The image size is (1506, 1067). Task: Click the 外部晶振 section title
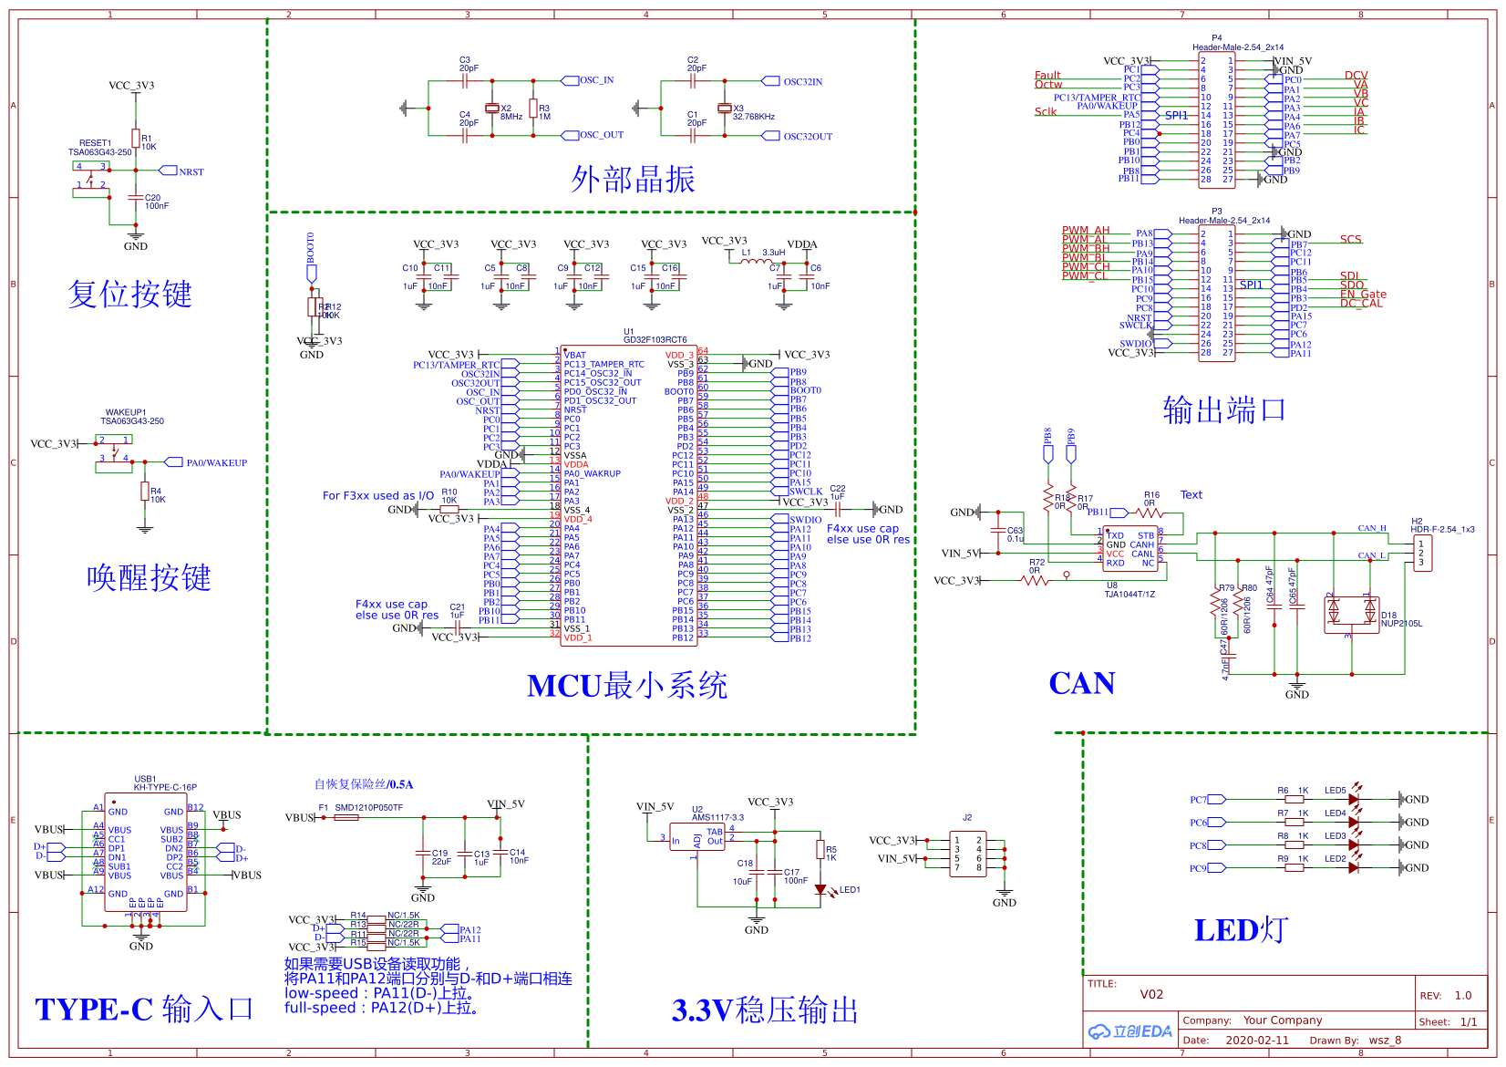[633, 180]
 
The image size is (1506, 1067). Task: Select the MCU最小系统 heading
[626, 686]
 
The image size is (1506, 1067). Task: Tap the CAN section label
[1081, 683]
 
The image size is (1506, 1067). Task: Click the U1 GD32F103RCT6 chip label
[655, 339]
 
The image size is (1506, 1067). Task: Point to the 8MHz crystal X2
[492, 109]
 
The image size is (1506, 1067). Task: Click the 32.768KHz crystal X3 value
[754, 117]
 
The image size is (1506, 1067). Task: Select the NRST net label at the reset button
[191, 171]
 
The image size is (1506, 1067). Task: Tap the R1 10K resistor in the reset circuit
[136, 138]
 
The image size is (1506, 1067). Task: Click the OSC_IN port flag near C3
[596, 80]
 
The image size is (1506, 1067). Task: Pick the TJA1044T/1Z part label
[1129, 595]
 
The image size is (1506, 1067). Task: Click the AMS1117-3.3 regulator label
[717, 817]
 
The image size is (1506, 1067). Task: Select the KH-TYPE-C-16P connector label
[165, 787]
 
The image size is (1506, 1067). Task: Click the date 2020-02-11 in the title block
[1257, 1040]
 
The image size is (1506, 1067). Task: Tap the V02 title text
[1151, 994]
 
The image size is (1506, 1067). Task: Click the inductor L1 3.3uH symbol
[756, 262]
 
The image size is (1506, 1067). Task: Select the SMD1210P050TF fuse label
[368, 807]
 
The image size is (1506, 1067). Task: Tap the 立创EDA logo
[1130, 1031]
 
